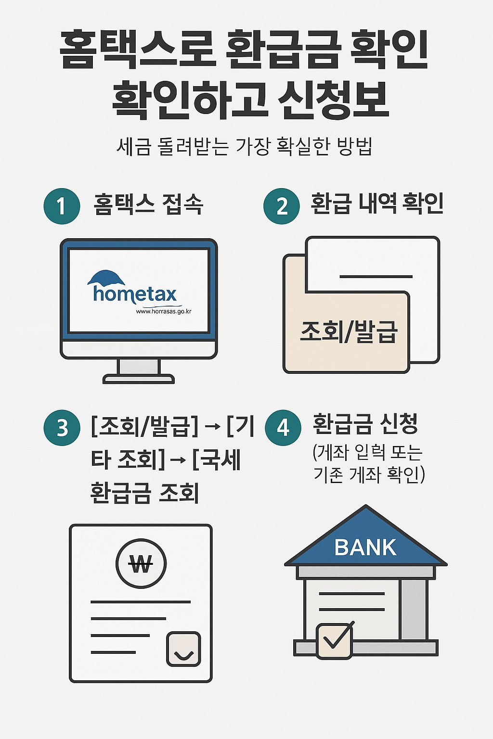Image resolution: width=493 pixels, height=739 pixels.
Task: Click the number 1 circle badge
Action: [x=62, y=206]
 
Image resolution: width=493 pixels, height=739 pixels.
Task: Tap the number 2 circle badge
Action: [x=282, y=206]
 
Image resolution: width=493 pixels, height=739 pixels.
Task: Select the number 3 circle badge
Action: [x=62, y=427]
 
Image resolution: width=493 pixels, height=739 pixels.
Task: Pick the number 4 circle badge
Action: [x=283, y=427]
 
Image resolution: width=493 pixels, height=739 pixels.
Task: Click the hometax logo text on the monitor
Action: [x=135, y=293]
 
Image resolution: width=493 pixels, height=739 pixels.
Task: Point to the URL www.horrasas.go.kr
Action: [x=164, y=311]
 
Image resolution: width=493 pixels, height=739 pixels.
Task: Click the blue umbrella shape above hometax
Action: [x=106, y=278]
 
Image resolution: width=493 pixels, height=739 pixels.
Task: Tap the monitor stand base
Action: [x=139, y=379]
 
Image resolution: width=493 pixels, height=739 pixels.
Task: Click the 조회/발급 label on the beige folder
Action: [x=349, y=331]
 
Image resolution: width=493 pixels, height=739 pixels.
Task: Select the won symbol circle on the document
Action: [x=141, y=563]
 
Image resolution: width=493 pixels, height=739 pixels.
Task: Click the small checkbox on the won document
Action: [x=183, y=649]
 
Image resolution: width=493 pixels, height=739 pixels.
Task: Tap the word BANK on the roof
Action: [x=365, y=548]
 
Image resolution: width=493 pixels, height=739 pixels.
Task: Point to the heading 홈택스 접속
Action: [x=148, y=204]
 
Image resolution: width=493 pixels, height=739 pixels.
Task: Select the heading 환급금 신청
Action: [x=365, y=424]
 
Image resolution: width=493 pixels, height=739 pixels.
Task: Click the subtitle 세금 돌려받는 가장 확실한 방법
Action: [x=245, y=146]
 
